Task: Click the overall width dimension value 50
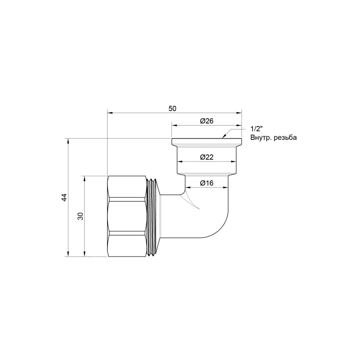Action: pyautogui.click(x=172, y=108)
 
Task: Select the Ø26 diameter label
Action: pyautogui.click(x=207, y=121)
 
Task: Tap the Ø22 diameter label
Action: pyautogui.click(x=207, y=157)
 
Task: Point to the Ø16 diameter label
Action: pyautogui.click(x=207, y=183)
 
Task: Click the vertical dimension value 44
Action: pyautogui.click(x=64, y=197)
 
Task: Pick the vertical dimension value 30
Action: pyautogui.click(x=81, y=216)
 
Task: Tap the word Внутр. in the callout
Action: pyautogui.click(x=259, y=138)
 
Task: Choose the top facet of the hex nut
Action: pyautogui.click(x=128, y=188)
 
